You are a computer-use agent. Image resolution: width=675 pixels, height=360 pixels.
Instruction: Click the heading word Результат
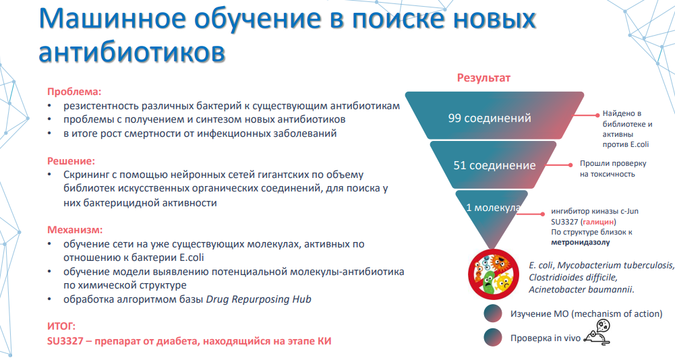pyautogui.click(x=483, y=78)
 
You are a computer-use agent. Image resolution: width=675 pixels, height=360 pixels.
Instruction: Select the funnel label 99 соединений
pyautogui.click(x=490, y=118)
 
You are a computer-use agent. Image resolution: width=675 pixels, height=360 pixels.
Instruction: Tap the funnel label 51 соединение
pyautogui.click(x=494, y=165)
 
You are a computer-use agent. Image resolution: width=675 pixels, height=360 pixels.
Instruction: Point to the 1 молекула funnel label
pyautogui.click(x=494, y=208)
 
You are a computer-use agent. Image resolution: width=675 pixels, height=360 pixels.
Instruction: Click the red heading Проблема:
pyautogui.click(x=74, y=92)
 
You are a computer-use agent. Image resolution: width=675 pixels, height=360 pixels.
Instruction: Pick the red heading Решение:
pyautogui.click(x=71, y=161)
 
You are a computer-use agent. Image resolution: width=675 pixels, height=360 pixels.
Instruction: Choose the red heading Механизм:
pyautogui.click(x=75, y=230)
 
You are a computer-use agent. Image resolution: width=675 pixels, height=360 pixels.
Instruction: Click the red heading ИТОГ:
pyautogui.click(x=61, y=326)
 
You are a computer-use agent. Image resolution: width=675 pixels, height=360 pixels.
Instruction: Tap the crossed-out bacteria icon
pyautogui.click(x=494, y=274)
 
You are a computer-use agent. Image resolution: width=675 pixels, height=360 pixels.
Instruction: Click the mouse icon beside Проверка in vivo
pyautogui.click(x=597, y=332)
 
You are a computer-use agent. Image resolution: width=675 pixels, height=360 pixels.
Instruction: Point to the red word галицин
pyautogui.click(x=598, y=222)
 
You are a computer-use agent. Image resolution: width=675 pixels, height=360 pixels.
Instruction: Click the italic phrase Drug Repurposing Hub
pyautogui.click(x=259, y=299)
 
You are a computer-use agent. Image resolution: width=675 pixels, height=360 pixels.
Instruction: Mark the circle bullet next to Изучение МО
pyautogui.click(x=493, y=313)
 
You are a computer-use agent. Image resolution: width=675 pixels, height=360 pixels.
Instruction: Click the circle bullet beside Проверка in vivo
pyautogui.click(x=493, y=338)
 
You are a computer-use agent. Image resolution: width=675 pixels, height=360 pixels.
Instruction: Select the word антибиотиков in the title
pyautogui.click(x=131, y=53)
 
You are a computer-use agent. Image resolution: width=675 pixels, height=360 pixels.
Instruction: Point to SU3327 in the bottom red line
pyautogui.click(x=65, y=342)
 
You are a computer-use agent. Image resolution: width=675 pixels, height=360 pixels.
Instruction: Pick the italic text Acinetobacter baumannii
pyautogui.click(x=581, y=289)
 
